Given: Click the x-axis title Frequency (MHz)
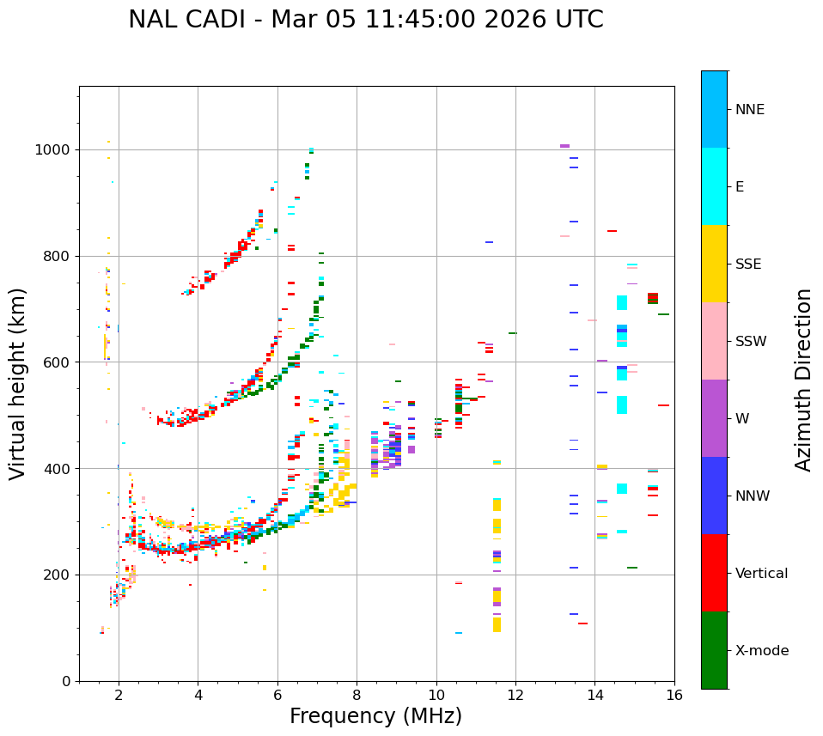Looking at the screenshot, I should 375,716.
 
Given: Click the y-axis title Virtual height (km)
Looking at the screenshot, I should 18,384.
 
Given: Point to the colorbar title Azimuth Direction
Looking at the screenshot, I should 803,380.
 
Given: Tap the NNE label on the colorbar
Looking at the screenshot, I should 749,110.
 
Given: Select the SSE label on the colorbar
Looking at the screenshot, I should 747,265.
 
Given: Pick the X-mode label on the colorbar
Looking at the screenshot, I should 761,651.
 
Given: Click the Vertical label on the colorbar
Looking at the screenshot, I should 761,574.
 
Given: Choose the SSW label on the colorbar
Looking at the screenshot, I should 751,342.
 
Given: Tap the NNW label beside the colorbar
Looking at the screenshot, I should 753,496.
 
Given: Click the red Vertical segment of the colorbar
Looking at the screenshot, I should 714,573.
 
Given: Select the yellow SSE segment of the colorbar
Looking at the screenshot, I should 714,264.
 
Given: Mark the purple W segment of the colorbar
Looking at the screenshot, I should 714,418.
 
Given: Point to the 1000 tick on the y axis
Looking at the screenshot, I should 53,150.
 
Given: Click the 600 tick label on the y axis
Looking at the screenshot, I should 58,362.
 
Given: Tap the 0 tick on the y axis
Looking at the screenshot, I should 66,681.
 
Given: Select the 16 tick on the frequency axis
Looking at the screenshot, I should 674,695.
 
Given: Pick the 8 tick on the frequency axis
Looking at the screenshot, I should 357,695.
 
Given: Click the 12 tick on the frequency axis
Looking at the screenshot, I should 515,695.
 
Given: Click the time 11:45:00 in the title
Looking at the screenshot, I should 384,20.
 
